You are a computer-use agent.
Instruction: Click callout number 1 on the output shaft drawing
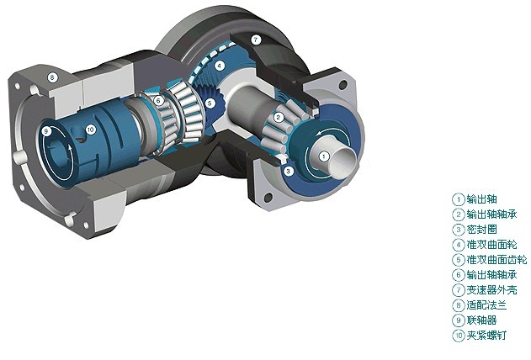point(324,156)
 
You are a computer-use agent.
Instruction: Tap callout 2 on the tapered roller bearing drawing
point(279,118)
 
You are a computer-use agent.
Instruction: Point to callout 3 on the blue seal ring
point(288,172)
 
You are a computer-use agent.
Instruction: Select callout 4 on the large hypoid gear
point(220,66)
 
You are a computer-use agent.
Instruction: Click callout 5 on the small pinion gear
point(210,103)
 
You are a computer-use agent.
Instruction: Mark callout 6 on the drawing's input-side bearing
point(158,100)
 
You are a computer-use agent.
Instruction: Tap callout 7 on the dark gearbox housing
point(256,40)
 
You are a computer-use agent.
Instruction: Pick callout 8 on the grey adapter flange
point(52,77)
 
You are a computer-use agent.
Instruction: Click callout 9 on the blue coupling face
point(46,131)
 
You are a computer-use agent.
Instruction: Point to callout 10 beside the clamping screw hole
point(90,130)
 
